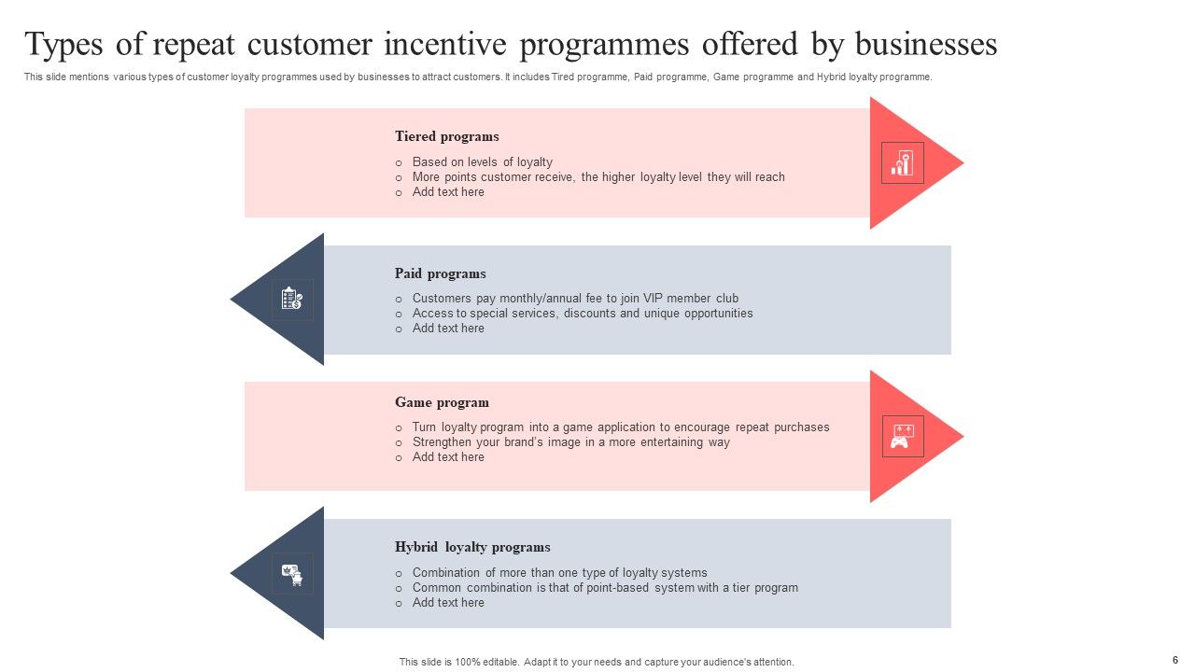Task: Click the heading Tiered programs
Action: pos(446,136)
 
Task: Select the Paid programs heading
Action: pos(440,273)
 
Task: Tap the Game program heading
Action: pos(442,402)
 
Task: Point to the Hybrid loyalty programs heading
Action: pos(472,547)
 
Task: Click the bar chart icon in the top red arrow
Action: pos(902,163)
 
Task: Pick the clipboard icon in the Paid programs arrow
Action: pos(291,300)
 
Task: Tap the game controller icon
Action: pos(902,436)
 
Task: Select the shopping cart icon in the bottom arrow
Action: pos(292,574)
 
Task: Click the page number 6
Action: pos(1174,660)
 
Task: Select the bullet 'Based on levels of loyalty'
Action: pos(482,161)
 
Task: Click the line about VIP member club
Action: pos(575,299)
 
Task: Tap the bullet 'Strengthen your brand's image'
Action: pos(570,442)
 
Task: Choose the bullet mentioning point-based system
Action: pos(605,588)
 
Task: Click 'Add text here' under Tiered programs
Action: pos(448,192)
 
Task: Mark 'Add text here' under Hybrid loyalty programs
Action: pos(448,603)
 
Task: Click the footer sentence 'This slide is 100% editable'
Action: pos(597,662)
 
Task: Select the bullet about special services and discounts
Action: pos(582,314)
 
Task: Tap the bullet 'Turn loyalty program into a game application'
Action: pos(621,427)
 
